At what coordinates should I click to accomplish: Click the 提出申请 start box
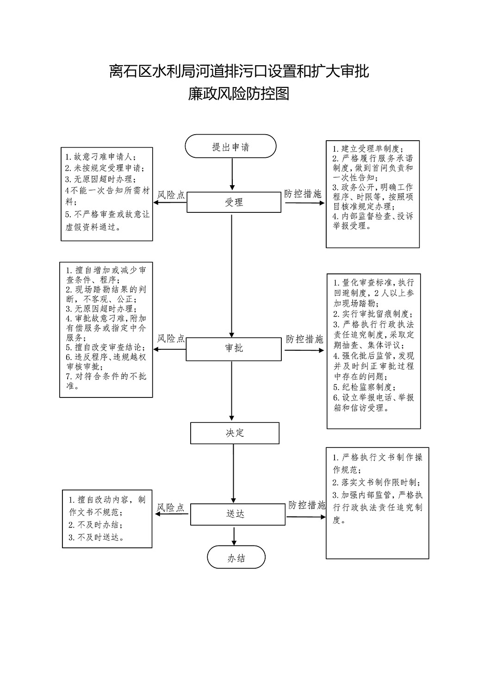pos(230,146)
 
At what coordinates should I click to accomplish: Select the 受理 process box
pos(234,202)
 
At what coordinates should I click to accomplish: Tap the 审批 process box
pos(234,349)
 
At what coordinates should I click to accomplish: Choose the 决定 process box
pos(235,433)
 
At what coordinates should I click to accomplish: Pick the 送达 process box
pos(238,514)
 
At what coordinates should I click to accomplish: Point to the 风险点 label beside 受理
pos(171,195)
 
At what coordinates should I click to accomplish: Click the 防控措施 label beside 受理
pos(303,194)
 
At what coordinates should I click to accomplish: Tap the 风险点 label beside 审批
pos(171,339)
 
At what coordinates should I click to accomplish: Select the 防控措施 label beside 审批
pos(304,339)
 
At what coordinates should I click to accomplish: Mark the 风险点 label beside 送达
pos(170,508)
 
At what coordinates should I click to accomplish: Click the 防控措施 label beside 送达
pos(307,505)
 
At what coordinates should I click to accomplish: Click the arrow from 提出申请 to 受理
pos(232,174)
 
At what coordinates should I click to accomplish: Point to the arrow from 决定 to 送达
pos(233,473)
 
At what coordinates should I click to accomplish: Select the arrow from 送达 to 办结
pos(234,535)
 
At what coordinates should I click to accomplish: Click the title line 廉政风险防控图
pos(239,93)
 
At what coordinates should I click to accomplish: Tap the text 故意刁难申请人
pos(103,157)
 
